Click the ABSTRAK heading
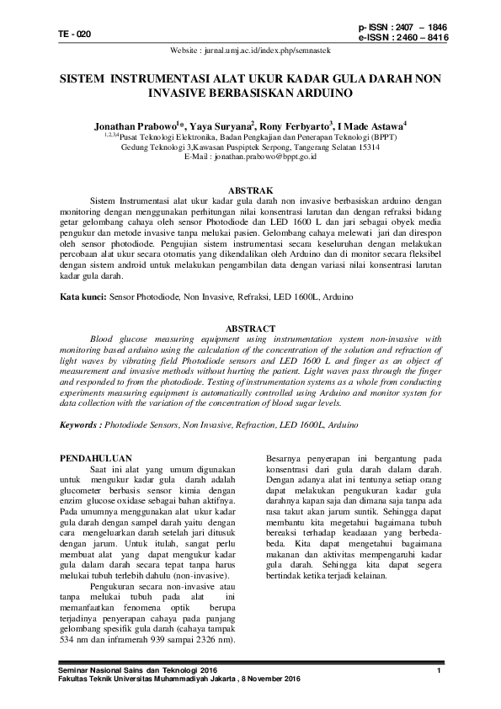pos(251,193)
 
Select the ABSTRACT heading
pos(251,328)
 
